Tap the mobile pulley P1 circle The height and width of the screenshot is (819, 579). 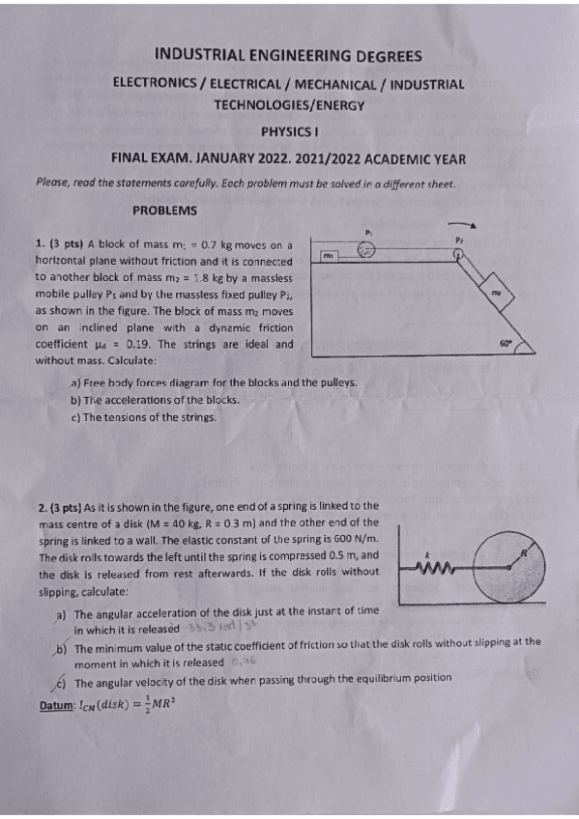point(365,249)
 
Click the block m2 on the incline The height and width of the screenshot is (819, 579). point(496,291)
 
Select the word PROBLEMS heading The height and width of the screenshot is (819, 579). point(164,210)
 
